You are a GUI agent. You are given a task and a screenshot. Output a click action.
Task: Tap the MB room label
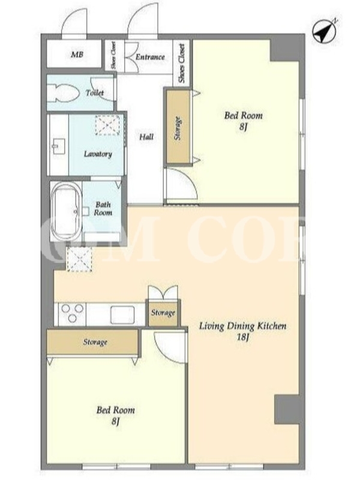[x=77, y=55]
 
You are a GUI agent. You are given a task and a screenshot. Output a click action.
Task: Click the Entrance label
[x=150, y=57]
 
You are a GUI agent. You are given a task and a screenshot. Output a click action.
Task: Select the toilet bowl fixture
[x=65, y=93]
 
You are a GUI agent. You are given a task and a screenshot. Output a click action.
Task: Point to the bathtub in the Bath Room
[x=66, y=212]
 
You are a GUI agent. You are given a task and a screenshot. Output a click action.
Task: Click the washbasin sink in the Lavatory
[x=58, y=146]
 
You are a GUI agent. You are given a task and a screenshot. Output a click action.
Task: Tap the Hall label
[x=146, y=137]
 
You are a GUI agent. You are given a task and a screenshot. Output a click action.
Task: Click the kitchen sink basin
[x=122, y=314]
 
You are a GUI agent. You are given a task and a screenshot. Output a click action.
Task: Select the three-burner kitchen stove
[x=72, y=313]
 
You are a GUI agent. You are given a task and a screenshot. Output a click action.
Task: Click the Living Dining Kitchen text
[x=243, y=326]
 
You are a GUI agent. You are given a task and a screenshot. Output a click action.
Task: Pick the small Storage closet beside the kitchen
[x=163, y=313]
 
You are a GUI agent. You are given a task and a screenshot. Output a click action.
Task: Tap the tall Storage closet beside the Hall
[x=178, y=128]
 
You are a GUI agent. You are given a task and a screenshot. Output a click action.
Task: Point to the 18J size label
[x=244, y=337]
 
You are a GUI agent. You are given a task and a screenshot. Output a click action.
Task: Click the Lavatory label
[x=98, y=154]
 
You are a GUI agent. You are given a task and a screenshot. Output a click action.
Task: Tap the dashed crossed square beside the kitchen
[x=80, y=259]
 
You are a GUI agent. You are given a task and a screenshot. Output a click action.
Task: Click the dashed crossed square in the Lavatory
[x=107, y=125]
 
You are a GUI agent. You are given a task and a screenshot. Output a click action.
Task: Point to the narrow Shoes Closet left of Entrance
[x=114, y=55]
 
